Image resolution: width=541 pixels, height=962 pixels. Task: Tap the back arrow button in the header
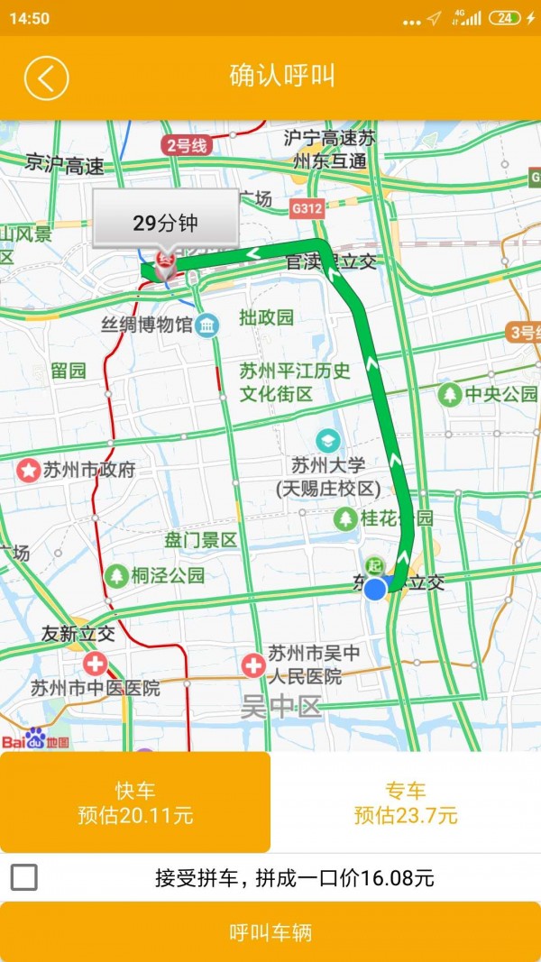pyautogui.click(x=46, y=78)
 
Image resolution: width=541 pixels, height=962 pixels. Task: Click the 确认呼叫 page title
pyautogui.click(x=282, y=77)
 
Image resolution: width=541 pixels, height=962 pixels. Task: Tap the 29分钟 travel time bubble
pyautogui.click(x=165, y=223)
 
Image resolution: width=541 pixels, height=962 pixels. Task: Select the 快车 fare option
pyautogui.click(x=135, y=802)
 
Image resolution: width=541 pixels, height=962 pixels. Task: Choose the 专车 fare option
pyautogui.click(x=406, y=802)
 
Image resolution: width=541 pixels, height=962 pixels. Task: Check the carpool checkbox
pyautogui.click(x=24, y=877)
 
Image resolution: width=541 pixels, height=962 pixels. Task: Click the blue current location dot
pyautogui.click(x=375, y=589)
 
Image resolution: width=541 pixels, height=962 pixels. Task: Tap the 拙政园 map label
pyautogui.click(x=266, y=317)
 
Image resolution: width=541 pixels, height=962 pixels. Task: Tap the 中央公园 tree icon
pyautogui.click(x=449, y=394)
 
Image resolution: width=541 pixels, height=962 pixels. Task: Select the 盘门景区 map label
pyautogui.click(x=200, y=540)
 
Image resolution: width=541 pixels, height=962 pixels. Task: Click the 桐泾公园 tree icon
pyautogui.click(x=116, y=575)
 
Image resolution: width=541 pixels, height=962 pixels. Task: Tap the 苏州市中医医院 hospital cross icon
pyautogui.click(x=94, y=665)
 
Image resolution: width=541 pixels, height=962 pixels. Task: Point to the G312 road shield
pyautogui.click(x=307, y=208)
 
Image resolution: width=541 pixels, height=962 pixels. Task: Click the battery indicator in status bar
pyautogui.click(x=504, y=18)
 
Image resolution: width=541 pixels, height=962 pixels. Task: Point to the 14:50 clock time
pyautogui.click(x=30, y=18)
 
